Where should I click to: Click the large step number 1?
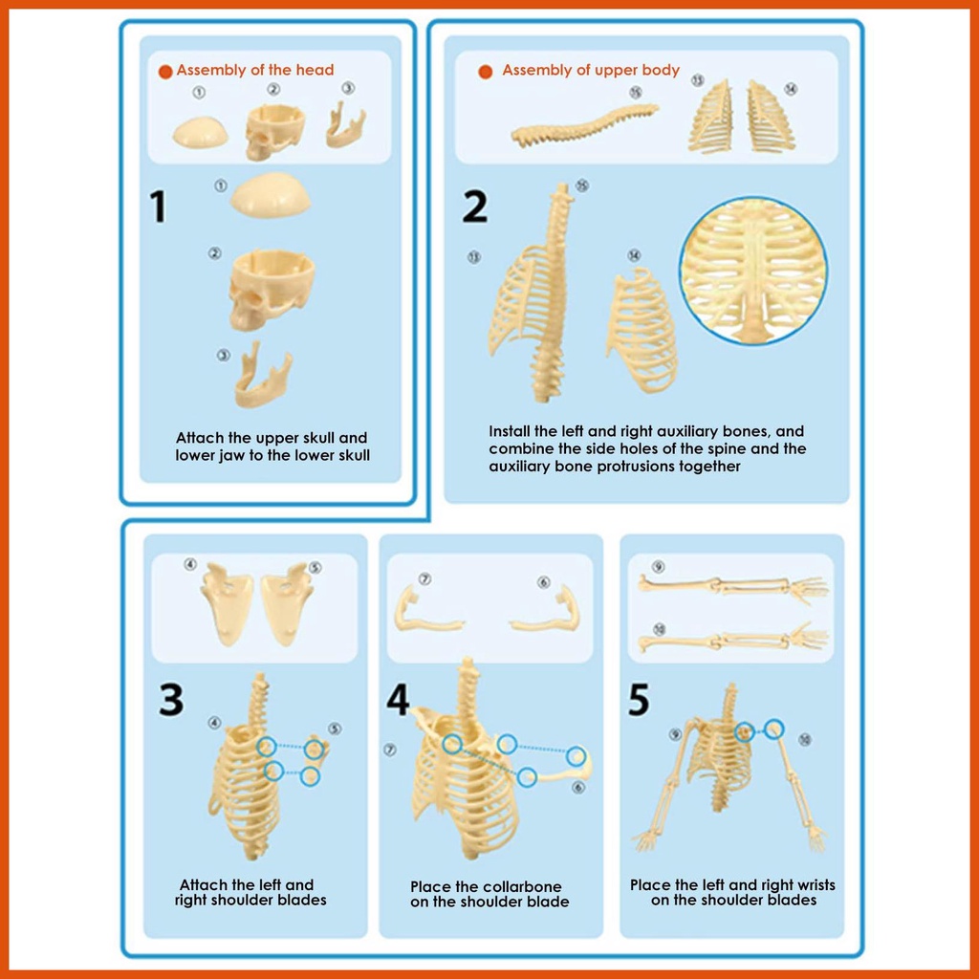(x=158, y=207)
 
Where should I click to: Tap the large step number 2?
(x=474, y=207)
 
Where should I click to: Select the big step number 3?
(x=171, y=699)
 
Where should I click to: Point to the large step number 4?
(x=398, y=699)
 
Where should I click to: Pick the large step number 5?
(x=638, y=699)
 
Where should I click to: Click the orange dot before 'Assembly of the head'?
(x=165, y=72)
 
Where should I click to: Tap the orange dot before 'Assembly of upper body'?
(x=485, y=72)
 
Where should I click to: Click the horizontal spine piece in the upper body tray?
(x=584, y=126)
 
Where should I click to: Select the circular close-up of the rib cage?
(x=753, y=270)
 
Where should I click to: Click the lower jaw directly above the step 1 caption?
(x=262, y=377)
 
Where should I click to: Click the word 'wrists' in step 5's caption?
(x=815, y=884)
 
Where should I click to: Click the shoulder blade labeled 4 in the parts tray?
(x=227, y=604)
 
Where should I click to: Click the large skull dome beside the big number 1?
(x=271, y=195)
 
